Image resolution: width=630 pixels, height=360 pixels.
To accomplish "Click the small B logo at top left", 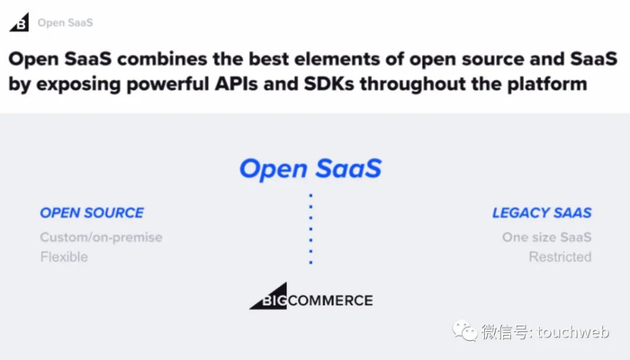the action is (x=19, y=22).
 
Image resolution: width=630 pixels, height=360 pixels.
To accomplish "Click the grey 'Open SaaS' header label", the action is (x=65, y=22).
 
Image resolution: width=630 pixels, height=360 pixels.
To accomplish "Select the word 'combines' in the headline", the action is (x=162, y=59).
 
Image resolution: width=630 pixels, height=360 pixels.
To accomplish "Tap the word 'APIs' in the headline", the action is (x=236, y=84).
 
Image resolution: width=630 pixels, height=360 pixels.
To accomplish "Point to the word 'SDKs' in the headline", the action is (x=329, y=84).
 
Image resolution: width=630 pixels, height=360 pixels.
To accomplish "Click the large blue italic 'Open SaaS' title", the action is (x=310, y=168).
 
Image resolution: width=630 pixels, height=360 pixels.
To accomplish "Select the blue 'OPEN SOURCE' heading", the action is (x=92, y=212).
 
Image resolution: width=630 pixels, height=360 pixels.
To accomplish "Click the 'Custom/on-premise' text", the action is (x=101, y=238).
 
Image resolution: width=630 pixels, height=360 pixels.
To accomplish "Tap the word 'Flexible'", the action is (x=64, y=256).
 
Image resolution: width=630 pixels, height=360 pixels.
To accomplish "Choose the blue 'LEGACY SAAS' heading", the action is (x=542, y=212).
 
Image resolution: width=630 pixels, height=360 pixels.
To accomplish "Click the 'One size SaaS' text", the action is (x=547, y=237).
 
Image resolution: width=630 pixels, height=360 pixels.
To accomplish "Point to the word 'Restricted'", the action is (x=560, y=256).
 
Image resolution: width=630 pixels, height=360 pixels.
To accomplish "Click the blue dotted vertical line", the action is (x=310, y=229).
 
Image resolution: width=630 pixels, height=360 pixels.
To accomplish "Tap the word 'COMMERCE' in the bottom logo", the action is (x=330, y=301).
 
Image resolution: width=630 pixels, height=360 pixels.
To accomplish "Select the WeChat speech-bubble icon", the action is (x=464, y=330).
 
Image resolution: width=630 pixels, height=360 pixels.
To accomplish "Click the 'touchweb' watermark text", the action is (x=573, y=332).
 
